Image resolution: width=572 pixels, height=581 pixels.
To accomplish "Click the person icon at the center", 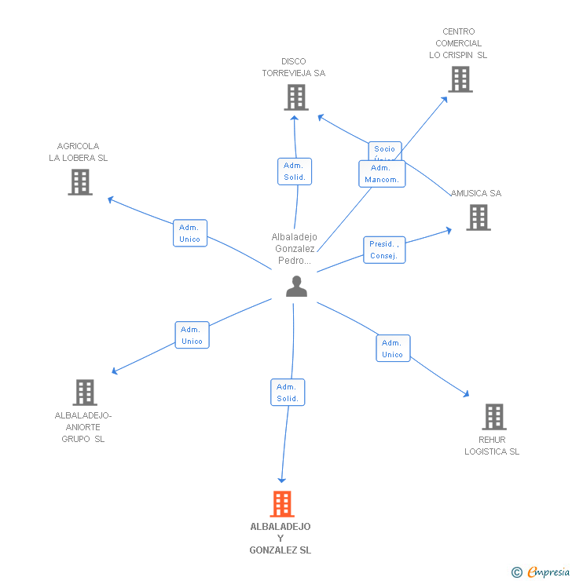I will coord(296,287).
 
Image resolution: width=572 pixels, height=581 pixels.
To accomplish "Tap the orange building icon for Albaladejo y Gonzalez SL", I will coord(282,504).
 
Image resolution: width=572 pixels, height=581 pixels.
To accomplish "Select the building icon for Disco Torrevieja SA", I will coord(295,97).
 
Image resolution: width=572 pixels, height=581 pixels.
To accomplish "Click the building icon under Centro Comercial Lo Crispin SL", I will coord(460,79).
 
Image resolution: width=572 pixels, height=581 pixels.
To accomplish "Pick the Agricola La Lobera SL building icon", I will coord(80,182).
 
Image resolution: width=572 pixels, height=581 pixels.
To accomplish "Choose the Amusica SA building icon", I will coord(478,217).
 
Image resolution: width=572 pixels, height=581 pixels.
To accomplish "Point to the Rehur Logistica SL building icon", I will coord(493,417).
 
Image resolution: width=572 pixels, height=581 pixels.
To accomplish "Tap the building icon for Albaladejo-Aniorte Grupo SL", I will coord(84,393).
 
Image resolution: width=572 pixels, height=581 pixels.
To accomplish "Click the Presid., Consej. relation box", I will coord(384,250).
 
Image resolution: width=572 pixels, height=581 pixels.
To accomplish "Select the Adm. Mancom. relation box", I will coord(382,174).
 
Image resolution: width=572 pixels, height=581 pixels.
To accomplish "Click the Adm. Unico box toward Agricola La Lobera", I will coord(190,233).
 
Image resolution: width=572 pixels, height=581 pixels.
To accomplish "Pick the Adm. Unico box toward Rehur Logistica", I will coord(393,349).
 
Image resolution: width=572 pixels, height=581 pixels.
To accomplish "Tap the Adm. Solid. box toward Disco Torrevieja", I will coord(295,171).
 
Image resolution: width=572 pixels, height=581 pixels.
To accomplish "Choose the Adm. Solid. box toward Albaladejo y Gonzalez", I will coord(288,393).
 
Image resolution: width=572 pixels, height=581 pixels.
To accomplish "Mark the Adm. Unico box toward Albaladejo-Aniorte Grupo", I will coord(192,335).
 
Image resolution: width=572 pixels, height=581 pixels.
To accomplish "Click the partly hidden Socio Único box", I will coord(385,148).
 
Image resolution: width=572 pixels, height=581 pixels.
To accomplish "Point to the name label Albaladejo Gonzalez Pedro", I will coord(294,249).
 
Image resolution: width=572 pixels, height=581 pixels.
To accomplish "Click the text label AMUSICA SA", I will coord(476,193).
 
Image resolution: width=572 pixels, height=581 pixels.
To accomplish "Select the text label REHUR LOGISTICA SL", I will coord(492,446).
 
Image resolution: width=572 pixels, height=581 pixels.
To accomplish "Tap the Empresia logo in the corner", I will coord(541,572).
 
